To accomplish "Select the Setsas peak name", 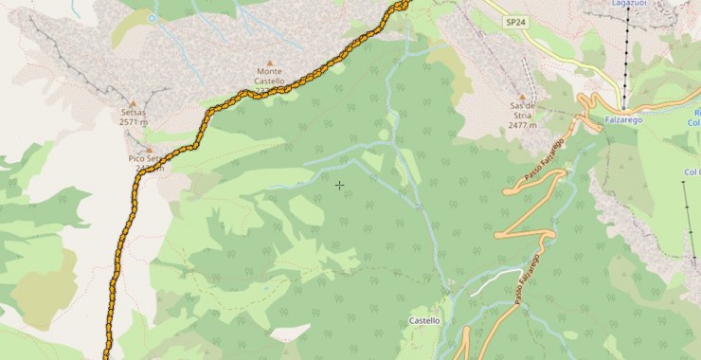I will click(x=134, y=112).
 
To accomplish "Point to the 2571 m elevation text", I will click(x=134, y=122).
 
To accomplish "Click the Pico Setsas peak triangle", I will click(x=148, y=149).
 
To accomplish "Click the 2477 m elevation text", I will click(x=523, y=124).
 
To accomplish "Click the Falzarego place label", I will click(x=623, y=120).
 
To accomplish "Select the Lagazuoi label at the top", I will click(x=629, y=5).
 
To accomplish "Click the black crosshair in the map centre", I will click(x=339, y=185).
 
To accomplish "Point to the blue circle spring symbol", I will click(x=153, y=18).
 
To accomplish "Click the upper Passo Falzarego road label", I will click(x=545, y=160).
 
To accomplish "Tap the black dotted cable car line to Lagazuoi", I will click(x=625, y=57).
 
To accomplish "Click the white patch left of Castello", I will click(x=290, y=333).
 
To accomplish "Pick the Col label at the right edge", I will click(x=691, y=171).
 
